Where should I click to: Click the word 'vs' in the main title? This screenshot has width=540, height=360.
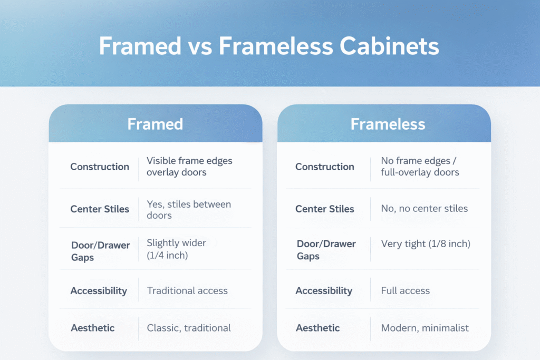pyautogui.click(x=199, y=46)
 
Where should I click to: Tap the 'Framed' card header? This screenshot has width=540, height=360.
pyautogui.click(x=155, y=124)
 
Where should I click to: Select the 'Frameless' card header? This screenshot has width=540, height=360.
pyautogui.click(x=388, y=124)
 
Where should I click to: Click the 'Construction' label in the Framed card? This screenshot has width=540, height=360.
pyautogui.click(x=100, y=167)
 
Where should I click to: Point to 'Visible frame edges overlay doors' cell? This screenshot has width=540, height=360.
pyautogui.click(x=189, y=166)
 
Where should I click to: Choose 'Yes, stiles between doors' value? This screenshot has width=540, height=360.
pyautogui.click(x=188, y=209)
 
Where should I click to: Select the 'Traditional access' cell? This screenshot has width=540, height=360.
pyautogui.click(x=187, y=290)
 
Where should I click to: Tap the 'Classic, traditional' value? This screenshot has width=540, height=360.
pyautogui.click(x=189, y=328)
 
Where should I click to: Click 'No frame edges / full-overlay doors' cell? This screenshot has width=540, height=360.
pyautogui.click(x=420, y=166)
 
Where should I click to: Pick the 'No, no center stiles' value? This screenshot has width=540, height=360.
pyautogui.click(x=424, y=208)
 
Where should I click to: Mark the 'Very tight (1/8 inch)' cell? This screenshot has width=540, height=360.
pyautogui.click(x=426, y=244)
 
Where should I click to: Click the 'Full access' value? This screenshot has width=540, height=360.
pyautogui.click(x=405, y=290)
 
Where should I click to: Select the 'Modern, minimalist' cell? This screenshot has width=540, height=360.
pyautogui.click(x=425, y=328)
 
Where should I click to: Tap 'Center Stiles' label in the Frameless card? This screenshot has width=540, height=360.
pyautogui.click(x=324, y=209)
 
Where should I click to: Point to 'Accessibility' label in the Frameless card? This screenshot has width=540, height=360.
pyautogui.click(x=324, y=290)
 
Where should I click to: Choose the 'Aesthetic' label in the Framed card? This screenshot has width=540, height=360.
pyautogui.click(x=93, y=328)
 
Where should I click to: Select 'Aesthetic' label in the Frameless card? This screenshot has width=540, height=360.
pyautogui.click(x=317, y=328)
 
